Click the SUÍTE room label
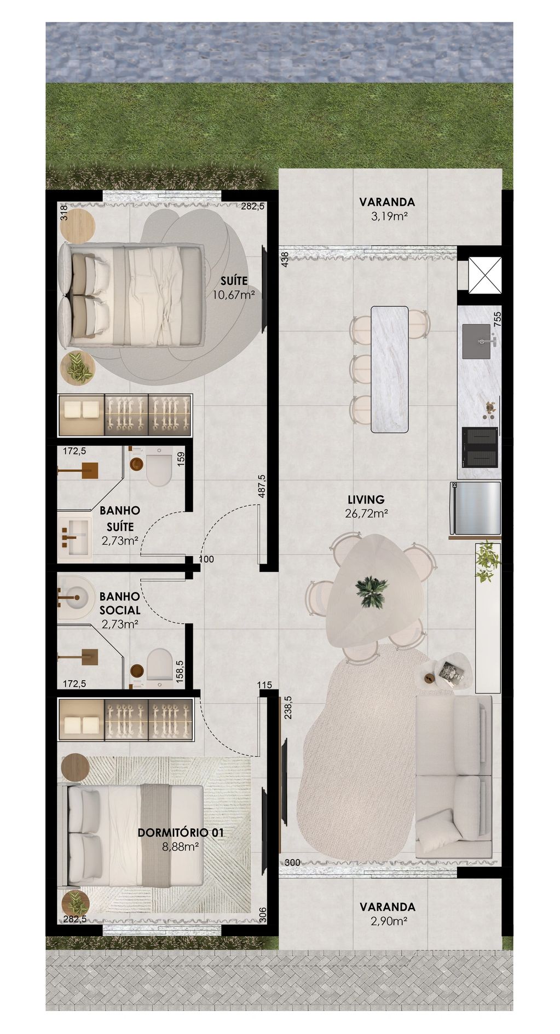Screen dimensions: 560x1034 (234, 281)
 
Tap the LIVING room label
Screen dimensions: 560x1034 (366, 499)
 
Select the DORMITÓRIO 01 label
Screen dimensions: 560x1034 (174, 833)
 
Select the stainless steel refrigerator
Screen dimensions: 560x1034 (475, 508)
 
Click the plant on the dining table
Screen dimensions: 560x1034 (372, 592)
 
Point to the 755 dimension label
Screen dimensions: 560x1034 (497, 319)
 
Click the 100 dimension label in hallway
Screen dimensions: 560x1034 (206, 559)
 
